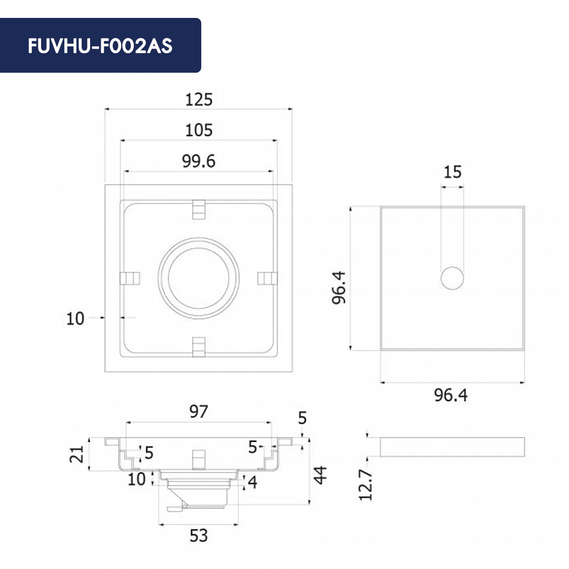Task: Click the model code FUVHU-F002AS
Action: tap(100, 46)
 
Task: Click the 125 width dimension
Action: tap(199, 99)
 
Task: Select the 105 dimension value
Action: tap(199, 130)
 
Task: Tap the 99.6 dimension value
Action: tap(199, 161)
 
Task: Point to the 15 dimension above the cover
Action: tap(452, 172)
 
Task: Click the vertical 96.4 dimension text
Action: tap(339, 287)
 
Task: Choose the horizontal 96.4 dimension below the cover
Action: tap(451, 395)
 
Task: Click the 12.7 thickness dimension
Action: tap(367, 485)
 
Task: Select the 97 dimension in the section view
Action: tap(199, 411)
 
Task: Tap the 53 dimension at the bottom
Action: tap(199, 536)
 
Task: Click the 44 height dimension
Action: tap(321, 473)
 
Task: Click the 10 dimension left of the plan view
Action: tap(75, 318)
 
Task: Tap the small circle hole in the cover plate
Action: tap(453, 278)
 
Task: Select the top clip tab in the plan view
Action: tap(199, 209)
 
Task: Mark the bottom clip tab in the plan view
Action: tap(199, 346)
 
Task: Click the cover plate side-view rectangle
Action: tap(452, 446)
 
